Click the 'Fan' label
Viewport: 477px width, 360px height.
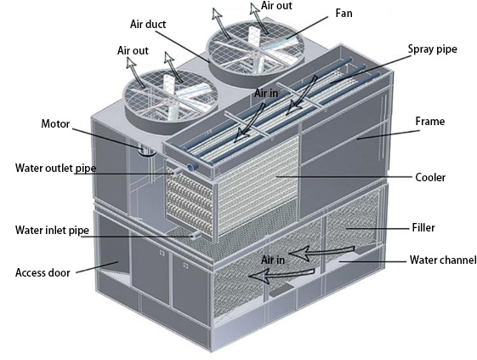click(x=344, y=14)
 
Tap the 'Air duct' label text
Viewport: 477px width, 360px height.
click(x=148, y=24)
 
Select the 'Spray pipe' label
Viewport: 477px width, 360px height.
click(x=432, y=49)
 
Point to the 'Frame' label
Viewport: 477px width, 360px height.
click(x=430, y=121)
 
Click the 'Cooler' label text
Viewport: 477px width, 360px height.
click(x=430, y=177)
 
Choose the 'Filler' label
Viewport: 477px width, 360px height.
click(x=423, y=227)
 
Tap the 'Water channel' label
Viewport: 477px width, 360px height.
click(x=443, y=260)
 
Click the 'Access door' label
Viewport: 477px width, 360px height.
click(x=43, y=272)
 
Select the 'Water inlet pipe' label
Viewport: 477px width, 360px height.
click(x=52, y=231)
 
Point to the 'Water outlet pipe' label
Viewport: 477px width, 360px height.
click(x=55, y=169)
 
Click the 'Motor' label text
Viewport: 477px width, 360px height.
click(x=55, y=124)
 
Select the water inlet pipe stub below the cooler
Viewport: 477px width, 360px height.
click(x=197, y=235)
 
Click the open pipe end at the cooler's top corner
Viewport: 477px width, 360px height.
click(x=192, y=167)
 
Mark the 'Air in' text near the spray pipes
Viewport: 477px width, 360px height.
click(x=266, y=94)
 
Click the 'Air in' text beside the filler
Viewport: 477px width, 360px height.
click(x=273, y=260)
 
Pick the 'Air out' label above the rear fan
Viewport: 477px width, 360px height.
click(x=276, y=5)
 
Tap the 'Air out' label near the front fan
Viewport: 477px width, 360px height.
click(x=133, y=50)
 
